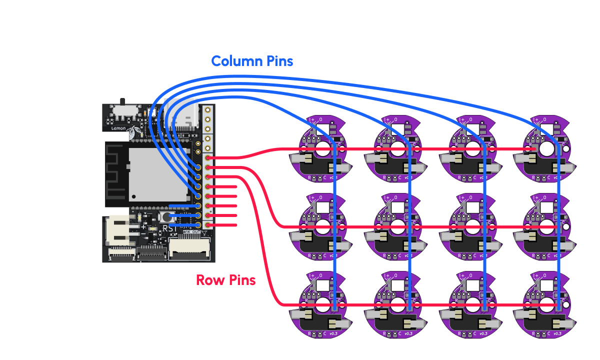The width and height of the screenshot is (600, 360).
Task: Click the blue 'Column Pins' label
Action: click(252, 61)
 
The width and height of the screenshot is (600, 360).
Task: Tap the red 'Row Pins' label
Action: click(225, 280)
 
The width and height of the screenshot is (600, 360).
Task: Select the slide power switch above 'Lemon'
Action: click(122, 110)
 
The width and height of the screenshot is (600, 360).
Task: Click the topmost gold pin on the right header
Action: click(206, 109)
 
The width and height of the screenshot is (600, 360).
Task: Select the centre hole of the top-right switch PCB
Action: click(546, 149)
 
